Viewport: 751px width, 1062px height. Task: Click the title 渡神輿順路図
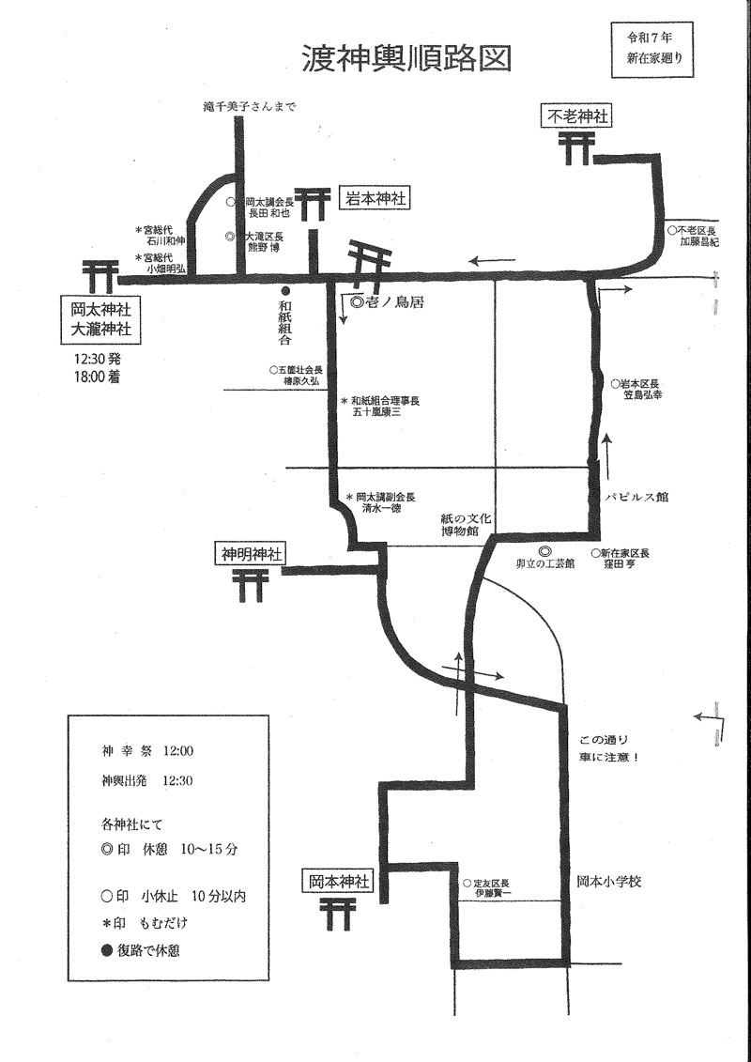click(406, 59)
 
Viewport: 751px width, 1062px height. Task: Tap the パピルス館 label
click(636, 498)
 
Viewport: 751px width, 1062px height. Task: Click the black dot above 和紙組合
click(286, 291)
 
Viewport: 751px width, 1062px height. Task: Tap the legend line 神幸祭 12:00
click(147, 751)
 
